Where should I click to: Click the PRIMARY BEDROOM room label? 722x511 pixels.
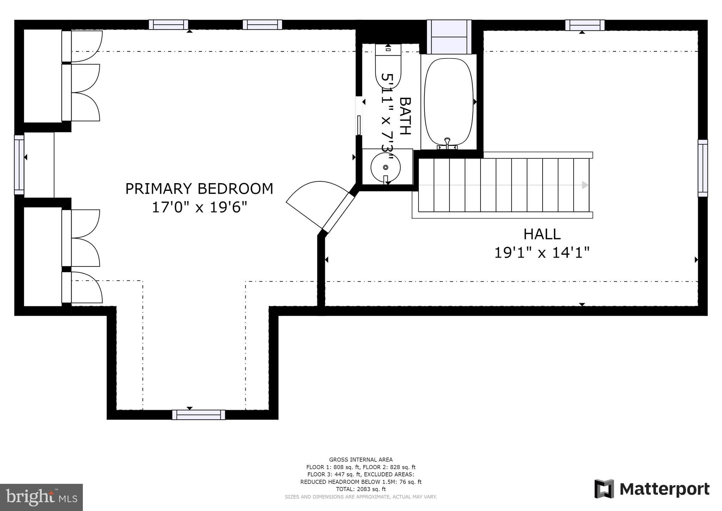(199, 189)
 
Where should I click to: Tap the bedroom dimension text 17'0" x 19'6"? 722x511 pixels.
(199, 208)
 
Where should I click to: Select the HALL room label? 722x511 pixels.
(542, 234)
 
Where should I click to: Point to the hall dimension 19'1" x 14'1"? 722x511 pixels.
(542, 253)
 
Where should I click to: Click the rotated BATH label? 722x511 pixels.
(405, 116)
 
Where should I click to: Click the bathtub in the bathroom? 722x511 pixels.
(448, 102)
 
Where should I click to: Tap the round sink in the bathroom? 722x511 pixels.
(385, 167)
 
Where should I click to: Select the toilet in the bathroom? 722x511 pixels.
(388, 67)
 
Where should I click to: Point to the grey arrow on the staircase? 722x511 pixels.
(585, 185)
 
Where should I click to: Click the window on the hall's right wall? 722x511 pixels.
(702, 168)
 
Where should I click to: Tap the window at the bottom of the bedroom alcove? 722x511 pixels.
(198, 415)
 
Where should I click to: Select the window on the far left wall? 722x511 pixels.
(19, 164)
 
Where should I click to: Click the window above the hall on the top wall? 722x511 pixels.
(585, 25)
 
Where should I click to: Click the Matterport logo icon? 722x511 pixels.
(604, 489)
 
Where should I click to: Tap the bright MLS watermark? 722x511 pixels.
(41, 497)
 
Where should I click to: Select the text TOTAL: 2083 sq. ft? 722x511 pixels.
(361, 489)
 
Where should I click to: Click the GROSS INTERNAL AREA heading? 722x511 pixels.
(361, 459)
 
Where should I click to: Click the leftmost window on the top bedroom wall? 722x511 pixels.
(168, 25)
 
